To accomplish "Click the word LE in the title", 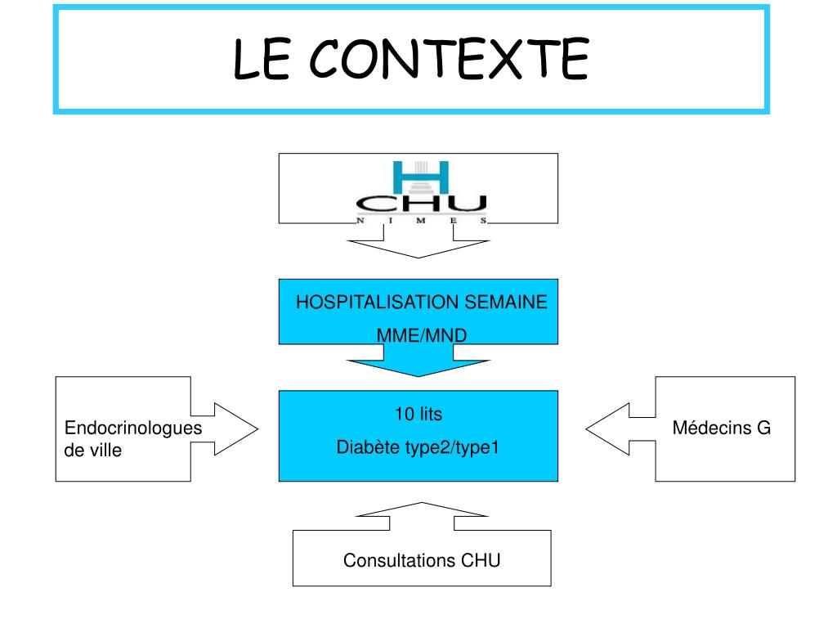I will tap(261, 59).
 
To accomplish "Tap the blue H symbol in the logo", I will tap(421, 177).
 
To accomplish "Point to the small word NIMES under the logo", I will tap(421, 222).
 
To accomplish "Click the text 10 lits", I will tap(418, 415).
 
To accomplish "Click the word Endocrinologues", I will tap(133, 428).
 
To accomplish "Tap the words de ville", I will tap(92, 450).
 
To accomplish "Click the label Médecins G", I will tap(722, 428).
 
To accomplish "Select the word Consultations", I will tap(400, 561).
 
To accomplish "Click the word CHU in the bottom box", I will tap(481, 561).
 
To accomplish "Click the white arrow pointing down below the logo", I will tap(418, 248).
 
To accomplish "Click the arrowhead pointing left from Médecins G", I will tap(605, 428).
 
